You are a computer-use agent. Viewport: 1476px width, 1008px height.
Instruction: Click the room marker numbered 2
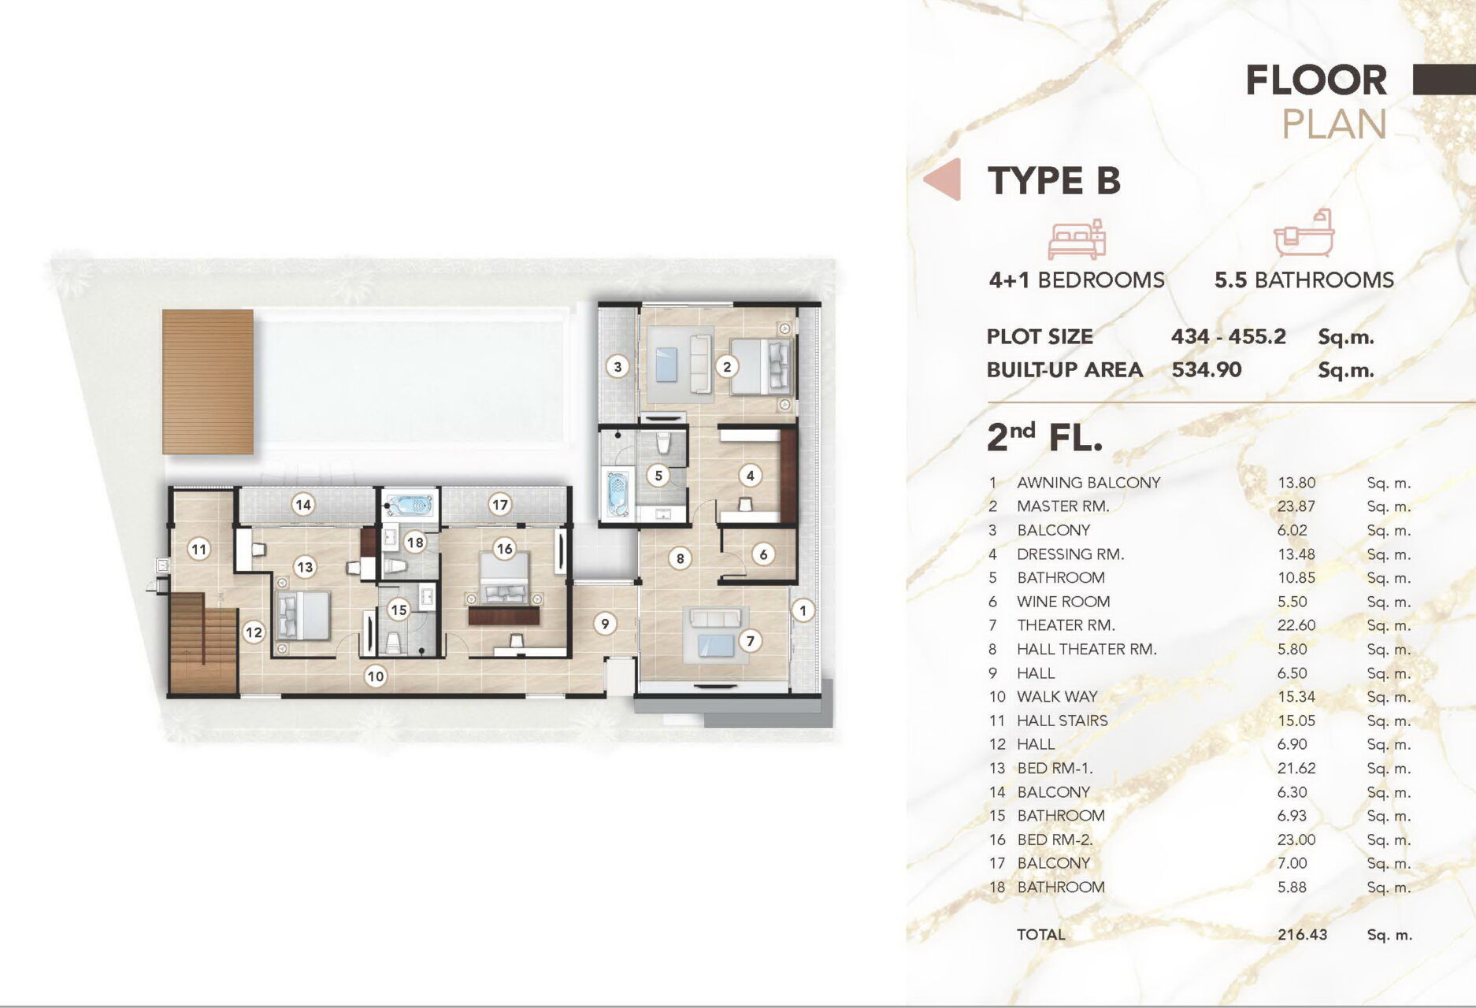pyautogui.click(x=727, y=366)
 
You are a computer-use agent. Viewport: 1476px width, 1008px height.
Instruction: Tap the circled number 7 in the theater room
pyautogui.click(x=750, y=641)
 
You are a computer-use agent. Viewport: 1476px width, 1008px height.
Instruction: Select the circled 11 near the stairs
pyautogui.click(x=198, y=549)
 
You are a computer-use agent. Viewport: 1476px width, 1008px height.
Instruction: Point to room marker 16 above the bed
pyautogui.click(x=504, y=549)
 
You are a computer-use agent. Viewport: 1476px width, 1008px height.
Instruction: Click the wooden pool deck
pyautogui.click(x=208, y=382)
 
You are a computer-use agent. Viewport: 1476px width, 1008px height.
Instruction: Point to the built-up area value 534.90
pyautogui.click(x=1206, y=369)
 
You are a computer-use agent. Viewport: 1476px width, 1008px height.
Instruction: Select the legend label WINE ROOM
pyautogui.click(x=1063, y=602)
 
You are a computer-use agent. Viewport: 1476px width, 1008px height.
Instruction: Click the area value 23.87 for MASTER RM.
pyautogui.click(x=1296, y=506)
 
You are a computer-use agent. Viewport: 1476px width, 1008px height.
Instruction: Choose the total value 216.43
pyautogui.click(x=1302, y=935)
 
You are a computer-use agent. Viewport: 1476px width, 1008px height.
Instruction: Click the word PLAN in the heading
pyautogui.click(x=1334, y=124)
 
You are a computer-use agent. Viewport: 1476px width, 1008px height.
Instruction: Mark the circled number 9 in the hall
pyautogui.click(x=605, y=624)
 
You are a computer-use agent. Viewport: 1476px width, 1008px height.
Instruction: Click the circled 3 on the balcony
pyautogui.click(x=617, y=366)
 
